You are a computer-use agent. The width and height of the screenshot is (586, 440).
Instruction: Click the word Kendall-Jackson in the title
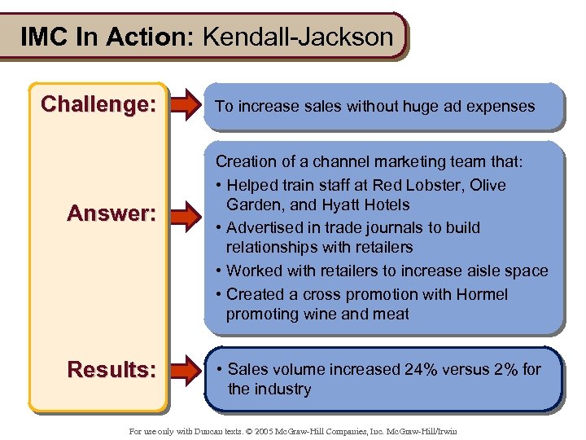click(x=297, y=37)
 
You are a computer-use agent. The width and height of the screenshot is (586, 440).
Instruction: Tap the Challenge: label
click(x=98, y=104)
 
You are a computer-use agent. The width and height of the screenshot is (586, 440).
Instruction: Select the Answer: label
click(x=111, y=213)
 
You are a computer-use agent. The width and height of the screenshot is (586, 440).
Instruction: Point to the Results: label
click(x=111, y=370)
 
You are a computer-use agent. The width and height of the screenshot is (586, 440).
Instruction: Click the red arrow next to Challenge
click(x=185, y=106)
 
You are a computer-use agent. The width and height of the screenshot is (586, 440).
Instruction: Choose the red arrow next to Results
click(x=185, y=371)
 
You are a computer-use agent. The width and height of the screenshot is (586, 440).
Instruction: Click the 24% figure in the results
click(x=421, y=369)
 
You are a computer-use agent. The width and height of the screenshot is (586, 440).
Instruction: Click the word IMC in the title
click(x=41, y=37)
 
